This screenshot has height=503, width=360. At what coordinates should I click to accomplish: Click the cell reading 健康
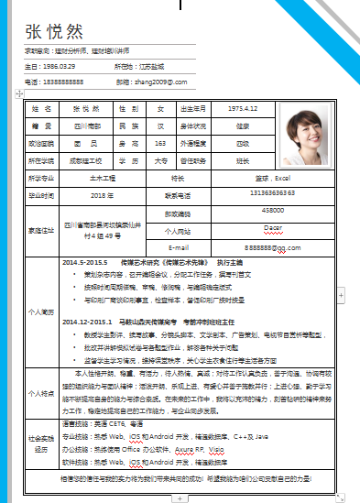click(243, 126)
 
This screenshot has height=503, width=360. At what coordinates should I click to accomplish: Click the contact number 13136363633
click(246, 194)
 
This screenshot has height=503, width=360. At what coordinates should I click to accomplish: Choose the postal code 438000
click(246, 211)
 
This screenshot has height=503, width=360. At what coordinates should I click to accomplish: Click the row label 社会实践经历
click(41, 443)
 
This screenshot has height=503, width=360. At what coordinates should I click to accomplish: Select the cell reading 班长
click(243, 160)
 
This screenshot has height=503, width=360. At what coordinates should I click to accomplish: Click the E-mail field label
click(179, 247)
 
